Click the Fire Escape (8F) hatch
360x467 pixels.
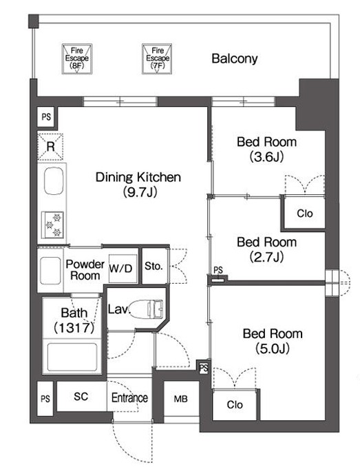pyautogui.click(x=77, y=59)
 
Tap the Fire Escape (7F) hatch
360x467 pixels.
pyautogui.click(x=157, y=59)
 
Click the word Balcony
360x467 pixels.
pyautogui.click(x=235, y=59)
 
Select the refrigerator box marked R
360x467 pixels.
pyautogui.click(x=50, y=147)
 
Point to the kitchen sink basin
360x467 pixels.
pyautogui.click(x=54, y=180)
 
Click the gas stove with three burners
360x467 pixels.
pyautogui.click(x=53, y=225)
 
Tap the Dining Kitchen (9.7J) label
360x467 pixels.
pyautogui.click(x=138, y=185)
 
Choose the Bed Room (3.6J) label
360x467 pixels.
pyautogui.click(x=267, y=149)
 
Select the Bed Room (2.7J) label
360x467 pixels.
pyautogui.click(x=267, y=249)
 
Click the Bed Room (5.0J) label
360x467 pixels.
pyautogui.click(x=273, y=341)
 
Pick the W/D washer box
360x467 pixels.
pyautogui.click(x=120, y=269)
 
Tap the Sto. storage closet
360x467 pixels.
pyautogui.click(x=154, y=266)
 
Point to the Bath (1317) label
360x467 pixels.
pyautogui.click(x=74, y=320)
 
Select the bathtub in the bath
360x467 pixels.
pyautogui.click(x=72, y=357)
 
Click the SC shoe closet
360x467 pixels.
pyautogui.click(x=81, y=397)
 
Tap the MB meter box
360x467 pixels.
pyautogui.click(x=181, y=399)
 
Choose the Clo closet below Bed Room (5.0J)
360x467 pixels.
pyautogui.click(x=235, y=404)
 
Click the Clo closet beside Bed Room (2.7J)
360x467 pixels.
pyautogui.click(x=304, y=213)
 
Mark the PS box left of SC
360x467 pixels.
pyautogui.click(x=45, y=399)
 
